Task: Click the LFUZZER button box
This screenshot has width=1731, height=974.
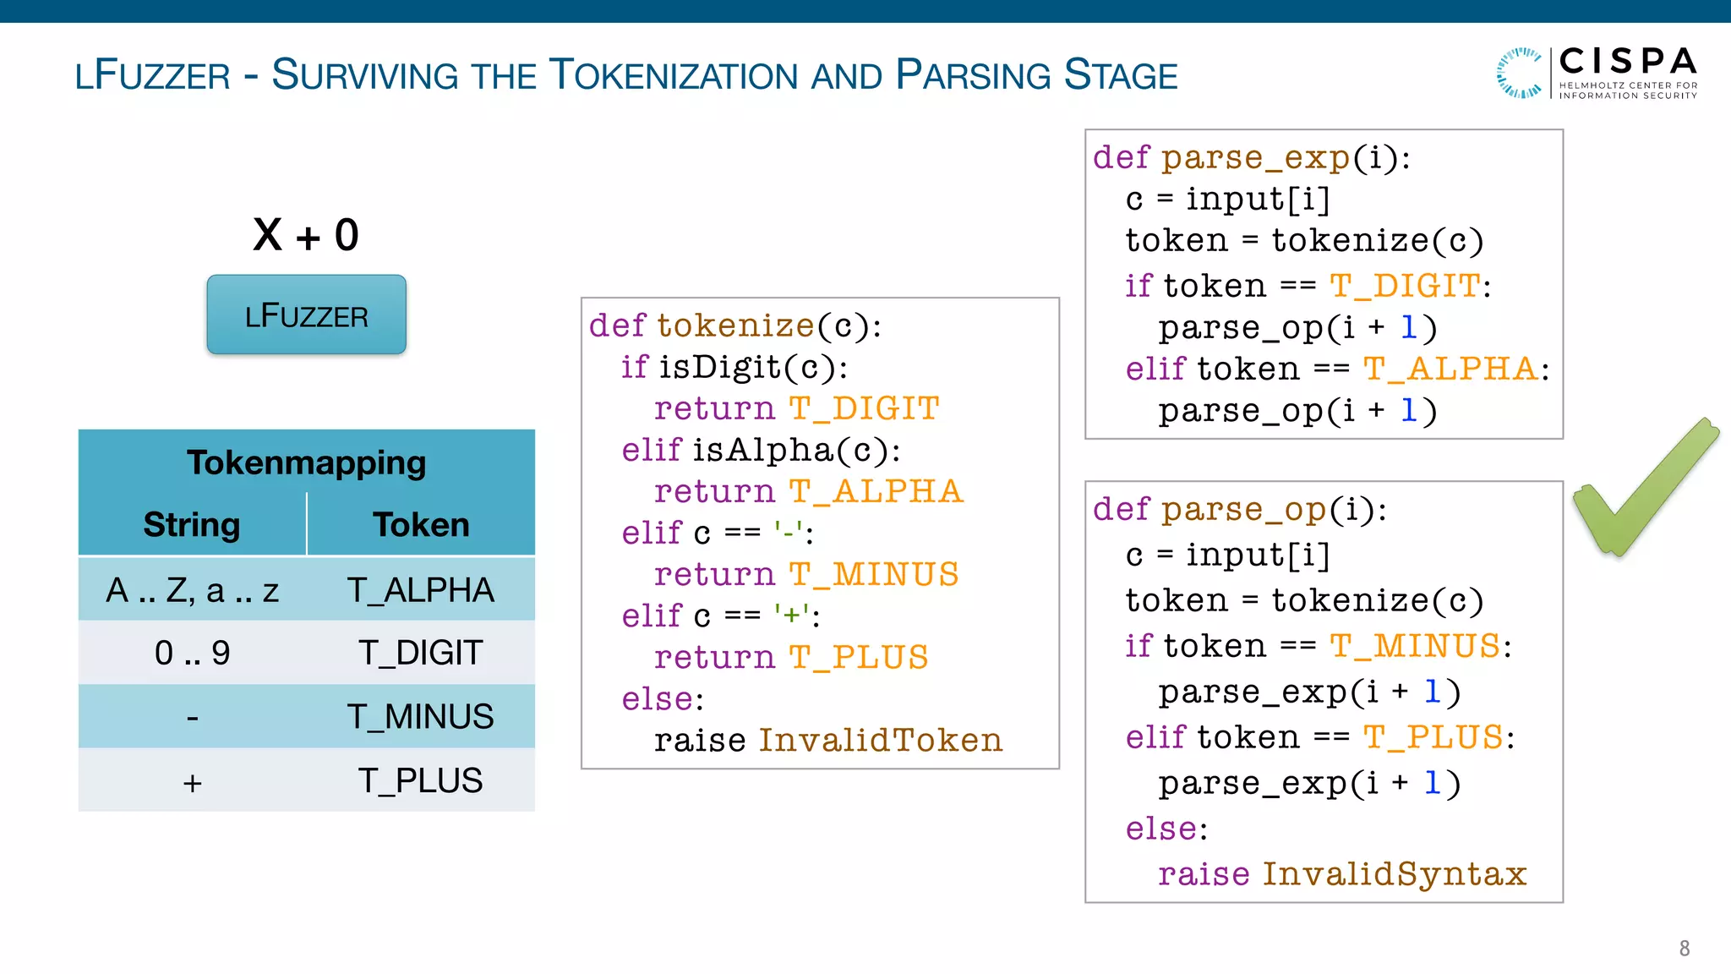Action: point(306,315)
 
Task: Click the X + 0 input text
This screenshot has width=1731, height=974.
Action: point(306,235)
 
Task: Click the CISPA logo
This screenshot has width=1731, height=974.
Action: point(1597,74)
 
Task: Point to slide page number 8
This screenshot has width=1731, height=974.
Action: point(1684,949)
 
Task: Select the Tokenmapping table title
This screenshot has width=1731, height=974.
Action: point(306,462)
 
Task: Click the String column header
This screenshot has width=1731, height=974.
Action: point(192,525)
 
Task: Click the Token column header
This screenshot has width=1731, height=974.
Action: point(421,525)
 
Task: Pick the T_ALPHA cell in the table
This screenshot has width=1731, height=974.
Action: point(421,590)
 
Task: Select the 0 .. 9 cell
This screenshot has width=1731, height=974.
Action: point(192,653)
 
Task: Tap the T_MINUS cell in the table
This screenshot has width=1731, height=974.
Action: point(421,717)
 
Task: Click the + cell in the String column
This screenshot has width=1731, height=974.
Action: point(192,782)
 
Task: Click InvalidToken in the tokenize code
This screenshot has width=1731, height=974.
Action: point(880,741)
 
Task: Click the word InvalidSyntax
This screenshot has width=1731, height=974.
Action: point(1395,874)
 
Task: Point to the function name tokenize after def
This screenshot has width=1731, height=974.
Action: point(735,326)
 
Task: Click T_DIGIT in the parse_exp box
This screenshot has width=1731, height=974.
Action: point(1405,287)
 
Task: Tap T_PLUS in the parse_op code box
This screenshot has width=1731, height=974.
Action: point(1433,738)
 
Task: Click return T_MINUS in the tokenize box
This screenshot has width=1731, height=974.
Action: point(805,575)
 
